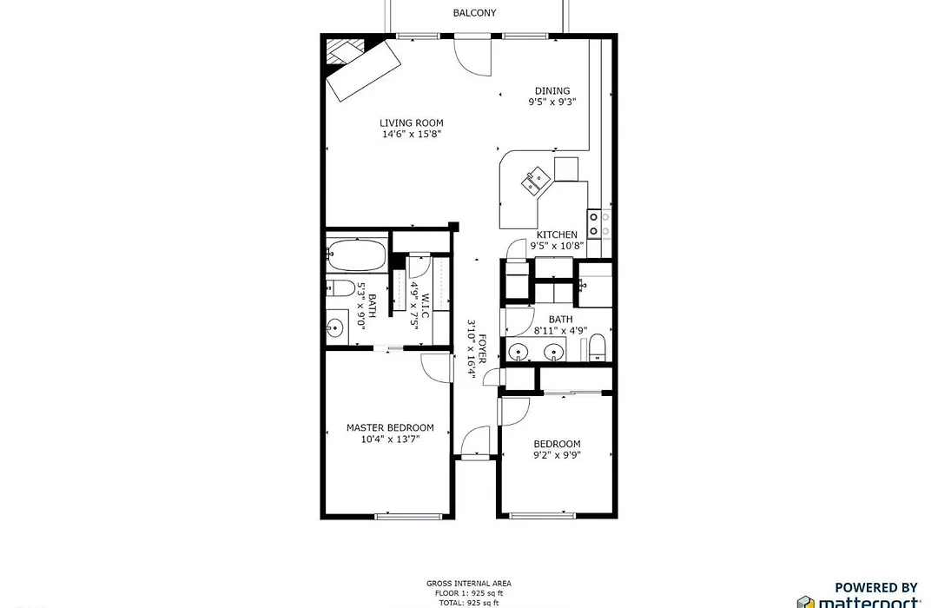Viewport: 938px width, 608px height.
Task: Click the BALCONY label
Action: pos(474,12)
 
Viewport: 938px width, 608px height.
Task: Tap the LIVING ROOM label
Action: pos(412,123)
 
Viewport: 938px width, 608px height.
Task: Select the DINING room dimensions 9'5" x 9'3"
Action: pos(552,102)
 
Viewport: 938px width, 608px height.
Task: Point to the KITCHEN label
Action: pos(557,235)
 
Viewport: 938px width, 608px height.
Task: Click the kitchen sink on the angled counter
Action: pos(536,180)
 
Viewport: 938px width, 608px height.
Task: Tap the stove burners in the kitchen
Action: pos(593,224)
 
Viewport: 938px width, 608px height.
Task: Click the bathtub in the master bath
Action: pos(357,255)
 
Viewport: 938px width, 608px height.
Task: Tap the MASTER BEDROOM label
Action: pos(390,428)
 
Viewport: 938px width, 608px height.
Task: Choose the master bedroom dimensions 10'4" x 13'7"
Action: pos(390,439)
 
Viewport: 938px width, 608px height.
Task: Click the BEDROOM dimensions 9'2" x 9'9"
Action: pos(557,455)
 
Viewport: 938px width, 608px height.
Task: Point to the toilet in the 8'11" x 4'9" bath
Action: pos(597,348)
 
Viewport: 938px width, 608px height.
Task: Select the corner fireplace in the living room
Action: pos(345,50)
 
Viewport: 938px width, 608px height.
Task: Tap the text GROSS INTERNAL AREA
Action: pos(469,584)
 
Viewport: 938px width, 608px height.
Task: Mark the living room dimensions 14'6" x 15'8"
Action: pos(412,135)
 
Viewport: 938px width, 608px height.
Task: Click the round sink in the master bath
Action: pos(334,327)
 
